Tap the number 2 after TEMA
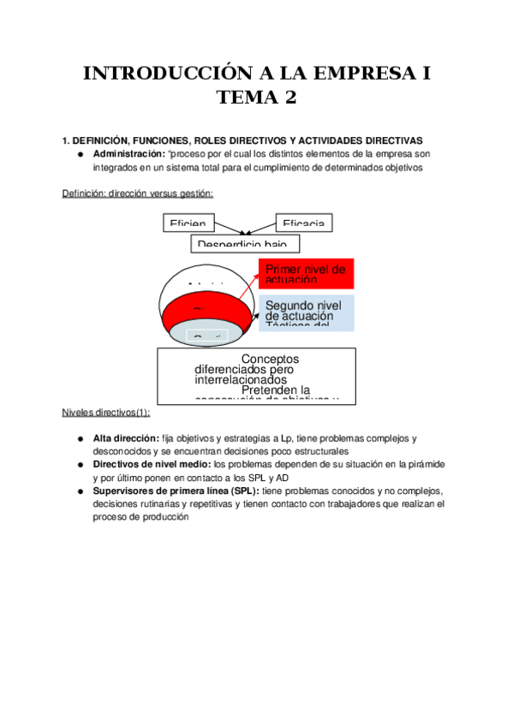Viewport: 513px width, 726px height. coord(290,98)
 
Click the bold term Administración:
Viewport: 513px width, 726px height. coord(128,153)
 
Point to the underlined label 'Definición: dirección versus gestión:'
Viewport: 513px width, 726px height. coord(138,193)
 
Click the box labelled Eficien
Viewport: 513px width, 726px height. coord(189,223)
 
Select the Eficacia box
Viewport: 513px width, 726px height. coord(304,223)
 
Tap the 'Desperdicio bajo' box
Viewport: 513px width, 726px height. coord(247,243)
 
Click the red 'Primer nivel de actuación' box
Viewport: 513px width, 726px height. coord(306,274)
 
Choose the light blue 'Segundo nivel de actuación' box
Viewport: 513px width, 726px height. coord(306,313)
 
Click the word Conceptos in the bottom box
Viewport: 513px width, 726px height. coord(271,359)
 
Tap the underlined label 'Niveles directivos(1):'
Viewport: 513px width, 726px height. coord(106,412)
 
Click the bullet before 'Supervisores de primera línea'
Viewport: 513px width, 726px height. coord(80,491)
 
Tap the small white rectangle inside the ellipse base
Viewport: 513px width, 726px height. coord(207,336)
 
